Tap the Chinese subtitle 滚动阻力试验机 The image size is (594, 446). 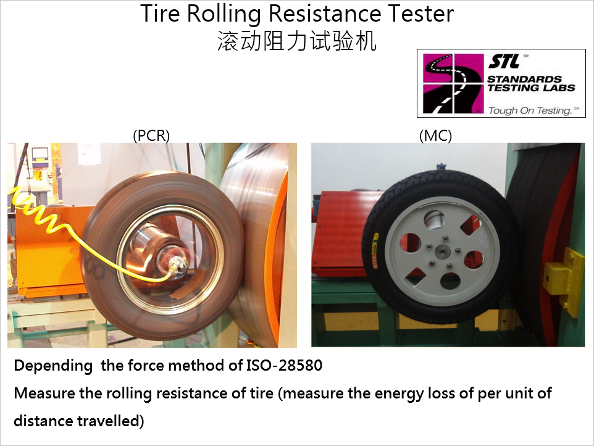(x=296, y=41)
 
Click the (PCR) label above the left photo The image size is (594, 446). (x=151, y=135)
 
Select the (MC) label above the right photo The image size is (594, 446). (x=436, y=135)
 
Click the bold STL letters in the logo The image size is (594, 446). (x=504, y=61)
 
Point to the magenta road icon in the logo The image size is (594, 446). (x=453, y=83)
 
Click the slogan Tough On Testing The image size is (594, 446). (x=530, y=111)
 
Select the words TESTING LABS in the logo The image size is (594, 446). (x=531, y=88)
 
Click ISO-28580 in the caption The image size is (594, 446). (x=284, y=365)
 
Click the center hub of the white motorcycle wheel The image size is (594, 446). (x=442, y=251)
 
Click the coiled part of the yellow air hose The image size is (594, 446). (x=36, y=212)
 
